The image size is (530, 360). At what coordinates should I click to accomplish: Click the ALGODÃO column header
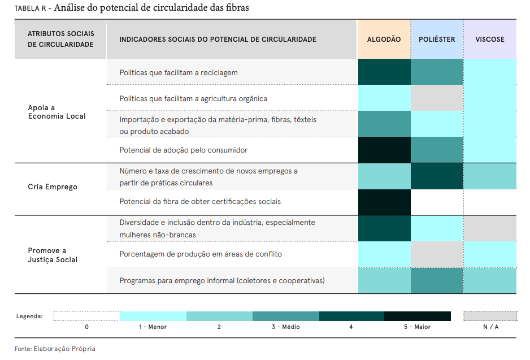pyautogui.click(x=384, y=40)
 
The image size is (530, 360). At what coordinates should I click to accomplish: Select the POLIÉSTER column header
pyautogui.click(x=437, y=40)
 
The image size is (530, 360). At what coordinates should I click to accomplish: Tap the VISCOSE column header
pyautogui.click(x=490, y=40)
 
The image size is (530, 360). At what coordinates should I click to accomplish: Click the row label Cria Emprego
pyautogui.click(x=53, y=187)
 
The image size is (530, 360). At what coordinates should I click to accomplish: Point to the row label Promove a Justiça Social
pyautogui.click(x=53, y=255)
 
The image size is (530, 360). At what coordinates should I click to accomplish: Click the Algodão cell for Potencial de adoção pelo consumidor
pyautogui.click(x=384, y=150)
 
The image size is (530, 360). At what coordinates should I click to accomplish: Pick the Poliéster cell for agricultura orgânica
pyautogui.click(x=437, y=98)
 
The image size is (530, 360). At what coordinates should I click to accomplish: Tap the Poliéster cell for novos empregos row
pyautogui.click(x=437, y=176)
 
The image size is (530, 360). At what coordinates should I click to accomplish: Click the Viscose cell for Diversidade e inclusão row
pyautogui.click(x=490, y=229)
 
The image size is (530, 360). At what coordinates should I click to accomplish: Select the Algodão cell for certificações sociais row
pyautogui.click(x=384, y=202)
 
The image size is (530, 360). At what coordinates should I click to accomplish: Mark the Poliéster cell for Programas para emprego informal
pyautogui.click(x=437, y=281)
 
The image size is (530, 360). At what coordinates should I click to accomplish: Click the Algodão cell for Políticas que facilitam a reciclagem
pyautogui.click(x=384, y=72)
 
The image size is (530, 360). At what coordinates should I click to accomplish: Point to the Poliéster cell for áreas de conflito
pyautogui.click(x=437, y=254)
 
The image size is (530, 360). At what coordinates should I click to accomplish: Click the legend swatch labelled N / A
pyautogui.click(x=490, y=316)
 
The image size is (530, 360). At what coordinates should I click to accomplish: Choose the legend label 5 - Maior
pyautogui.click(x=417, y=327)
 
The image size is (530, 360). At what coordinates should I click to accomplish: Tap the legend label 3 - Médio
pyautogui.click(x=285, y=327)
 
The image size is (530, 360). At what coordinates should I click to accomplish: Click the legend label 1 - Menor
pyautogui.click(x=153, y=327)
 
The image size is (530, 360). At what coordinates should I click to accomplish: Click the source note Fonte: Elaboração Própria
pyautogui.click(x=55, y=349)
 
